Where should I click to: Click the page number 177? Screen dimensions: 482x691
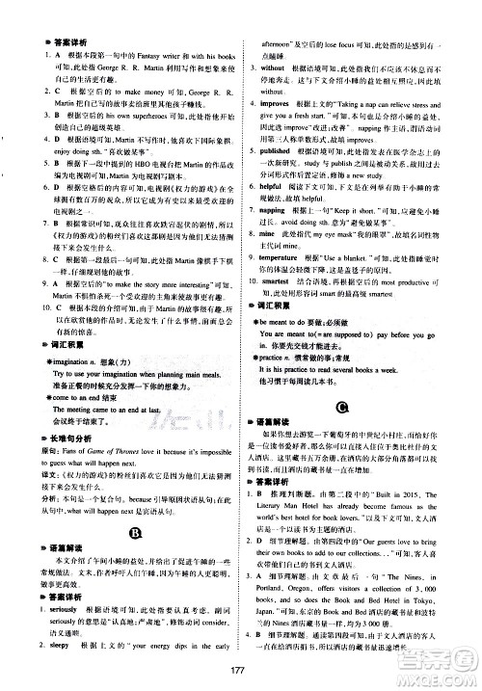[240, 672]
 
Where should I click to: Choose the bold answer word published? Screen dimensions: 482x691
[287, 152]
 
